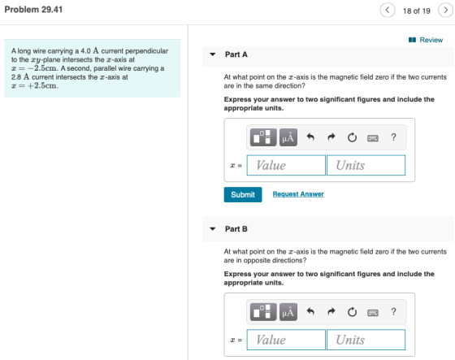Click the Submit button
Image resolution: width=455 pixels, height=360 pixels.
(x=243, y=194)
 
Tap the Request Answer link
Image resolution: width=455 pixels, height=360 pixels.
(x=298, y=194)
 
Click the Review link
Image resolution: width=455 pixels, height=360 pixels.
(x=426, y=40)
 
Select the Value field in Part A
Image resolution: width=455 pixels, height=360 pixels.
(x=286, y=165)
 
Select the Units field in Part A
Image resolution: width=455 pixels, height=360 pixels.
(x=366, y=165)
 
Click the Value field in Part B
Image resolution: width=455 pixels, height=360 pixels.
(x=286, y=340)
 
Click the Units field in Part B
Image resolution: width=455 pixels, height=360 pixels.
(x=366, y=340)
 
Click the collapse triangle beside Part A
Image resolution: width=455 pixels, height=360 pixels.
(x=213, y=54)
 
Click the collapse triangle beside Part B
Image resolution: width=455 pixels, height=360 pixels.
(x=213, y=229)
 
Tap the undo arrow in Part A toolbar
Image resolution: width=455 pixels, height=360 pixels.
(x=310, y=137)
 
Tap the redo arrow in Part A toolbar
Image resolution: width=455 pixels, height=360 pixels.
(x=331, y=137)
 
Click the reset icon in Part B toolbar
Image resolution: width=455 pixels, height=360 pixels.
(x=352, y=312)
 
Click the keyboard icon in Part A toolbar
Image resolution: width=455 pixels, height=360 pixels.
(x=373, y=138)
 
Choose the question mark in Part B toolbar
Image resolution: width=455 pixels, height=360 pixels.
(x=393, y=311)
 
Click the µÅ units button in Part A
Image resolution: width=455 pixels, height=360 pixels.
(x=288, y=137)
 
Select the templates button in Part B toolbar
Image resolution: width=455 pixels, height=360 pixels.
(x=263, y=312)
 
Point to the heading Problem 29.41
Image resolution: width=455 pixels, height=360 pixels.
(x=33, y=10)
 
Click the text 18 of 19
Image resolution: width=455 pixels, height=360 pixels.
(x=416, y=11)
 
